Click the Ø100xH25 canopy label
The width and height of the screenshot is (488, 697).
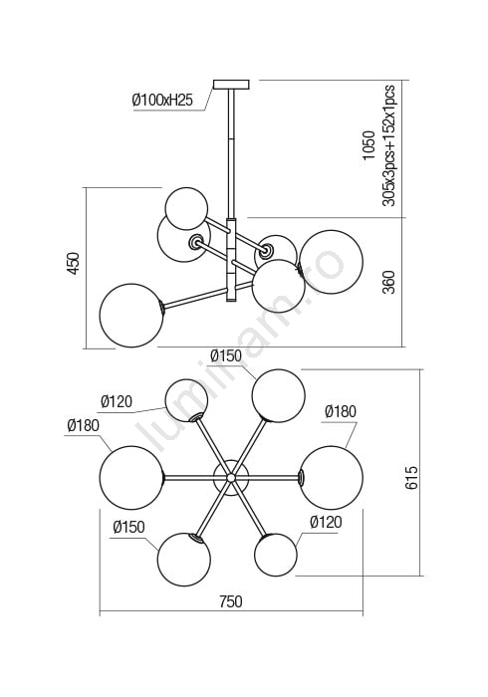(x=162, y=100)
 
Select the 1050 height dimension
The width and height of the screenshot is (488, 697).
(x=368, y=145)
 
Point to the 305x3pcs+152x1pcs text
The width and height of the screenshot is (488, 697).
(x=388, y=145)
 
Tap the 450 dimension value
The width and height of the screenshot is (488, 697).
(x=73, y=263)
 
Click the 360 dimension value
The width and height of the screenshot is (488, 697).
(x=388, y=282)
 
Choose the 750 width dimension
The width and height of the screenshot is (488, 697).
(x=231, y=601)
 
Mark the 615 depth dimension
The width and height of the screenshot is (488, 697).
(x=411, y=477)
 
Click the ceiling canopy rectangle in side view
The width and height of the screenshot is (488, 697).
(x=231, y=85)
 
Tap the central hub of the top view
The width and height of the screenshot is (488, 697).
(x=231, y=478)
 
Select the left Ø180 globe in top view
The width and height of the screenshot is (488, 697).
(x=131, y=477)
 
